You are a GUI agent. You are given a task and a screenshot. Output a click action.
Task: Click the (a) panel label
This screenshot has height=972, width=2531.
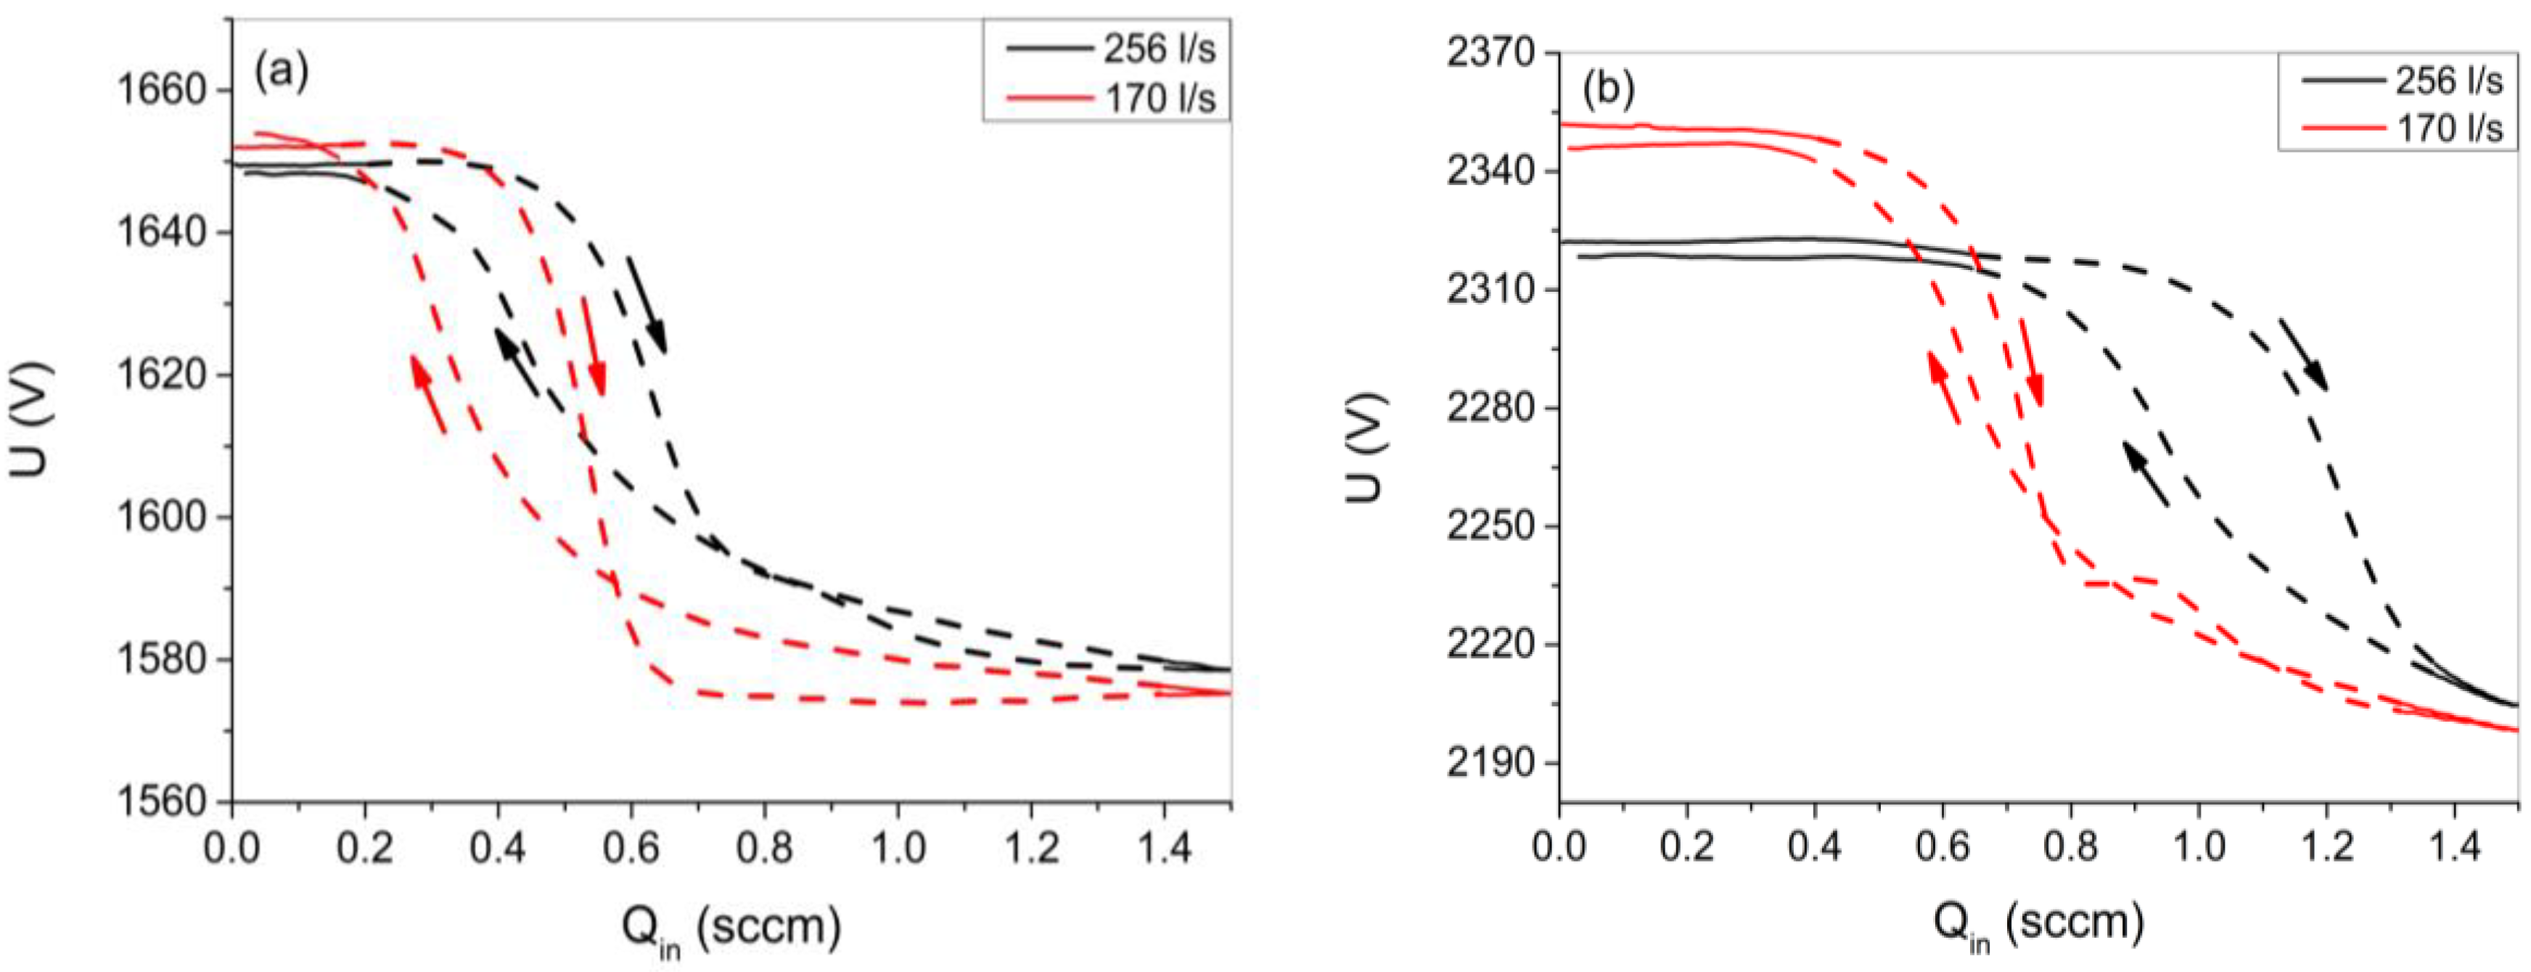pos(281,70)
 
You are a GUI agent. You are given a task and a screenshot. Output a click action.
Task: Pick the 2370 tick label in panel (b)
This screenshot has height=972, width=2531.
pos(1490,52)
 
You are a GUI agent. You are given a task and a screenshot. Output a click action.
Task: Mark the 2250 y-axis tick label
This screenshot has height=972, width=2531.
pos(1490,526)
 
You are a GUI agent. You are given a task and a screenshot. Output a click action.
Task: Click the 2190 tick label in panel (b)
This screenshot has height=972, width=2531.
pos(1490,763)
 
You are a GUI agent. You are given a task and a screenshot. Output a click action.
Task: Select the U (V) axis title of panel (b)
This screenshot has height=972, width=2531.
pos(1366,447)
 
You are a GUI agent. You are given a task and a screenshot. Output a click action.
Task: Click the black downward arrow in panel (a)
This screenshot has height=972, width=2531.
pos(647,305)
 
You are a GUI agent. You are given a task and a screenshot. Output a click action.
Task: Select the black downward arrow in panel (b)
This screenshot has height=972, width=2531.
pos(2302,352)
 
